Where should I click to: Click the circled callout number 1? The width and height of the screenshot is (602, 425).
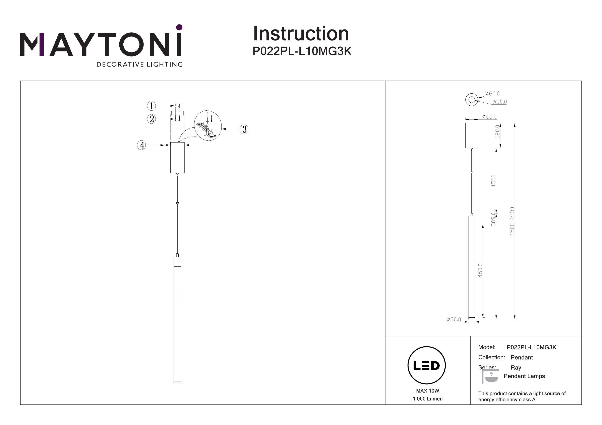pos(151,106)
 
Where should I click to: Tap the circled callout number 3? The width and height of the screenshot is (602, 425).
pos(244,129)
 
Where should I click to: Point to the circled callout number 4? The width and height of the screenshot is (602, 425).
pos(142,145)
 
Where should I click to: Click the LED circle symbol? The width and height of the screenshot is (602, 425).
pos(426,365)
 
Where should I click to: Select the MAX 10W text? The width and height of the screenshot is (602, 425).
pos(427,391)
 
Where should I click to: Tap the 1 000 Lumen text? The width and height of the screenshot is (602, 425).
pos(427,399)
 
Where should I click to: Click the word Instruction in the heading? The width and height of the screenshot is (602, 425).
pos(301,34)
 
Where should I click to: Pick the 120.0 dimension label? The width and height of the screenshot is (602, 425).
pos(497,131)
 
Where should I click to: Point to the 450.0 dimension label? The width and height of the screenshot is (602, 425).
pos(480,271)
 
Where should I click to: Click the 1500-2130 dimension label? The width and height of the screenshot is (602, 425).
pos(512,221)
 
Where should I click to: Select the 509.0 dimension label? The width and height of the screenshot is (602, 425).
pos(493,219)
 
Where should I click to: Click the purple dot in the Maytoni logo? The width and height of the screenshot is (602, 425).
pos(179,27)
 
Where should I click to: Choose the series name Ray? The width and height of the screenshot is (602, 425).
pos(516,367)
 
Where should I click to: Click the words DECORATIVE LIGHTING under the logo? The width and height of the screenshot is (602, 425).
pos(139,64)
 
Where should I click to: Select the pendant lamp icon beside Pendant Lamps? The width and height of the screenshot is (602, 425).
pos(490,377)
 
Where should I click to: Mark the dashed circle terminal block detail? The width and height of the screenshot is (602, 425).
pos(208,126)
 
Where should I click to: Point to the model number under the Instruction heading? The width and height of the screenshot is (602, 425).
pos(302,51)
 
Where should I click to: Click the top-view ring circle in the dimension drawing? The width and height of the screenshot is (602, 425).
pos(472,100)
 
